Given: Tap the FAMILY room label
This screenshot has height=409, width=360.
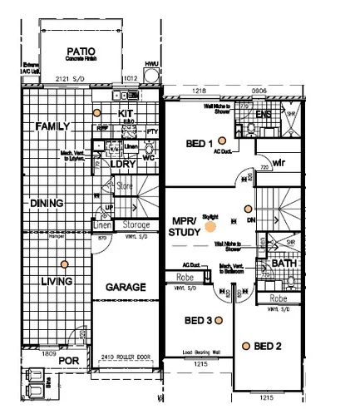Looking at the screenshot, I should [52, 126].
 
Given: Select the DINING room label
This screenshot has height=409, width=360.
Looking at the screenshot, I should [47, 204].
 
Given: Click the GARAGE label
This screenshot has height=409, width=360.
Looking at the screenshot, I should [126, 288].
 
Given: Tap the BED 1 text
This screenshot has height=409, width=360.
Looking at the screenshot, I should [199, 144].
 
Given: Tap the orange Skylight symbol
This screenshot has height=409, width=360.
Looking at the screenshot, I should [211, 223].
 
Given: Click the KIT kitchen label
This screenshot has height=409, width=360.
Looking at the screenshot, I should [126, 113].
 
